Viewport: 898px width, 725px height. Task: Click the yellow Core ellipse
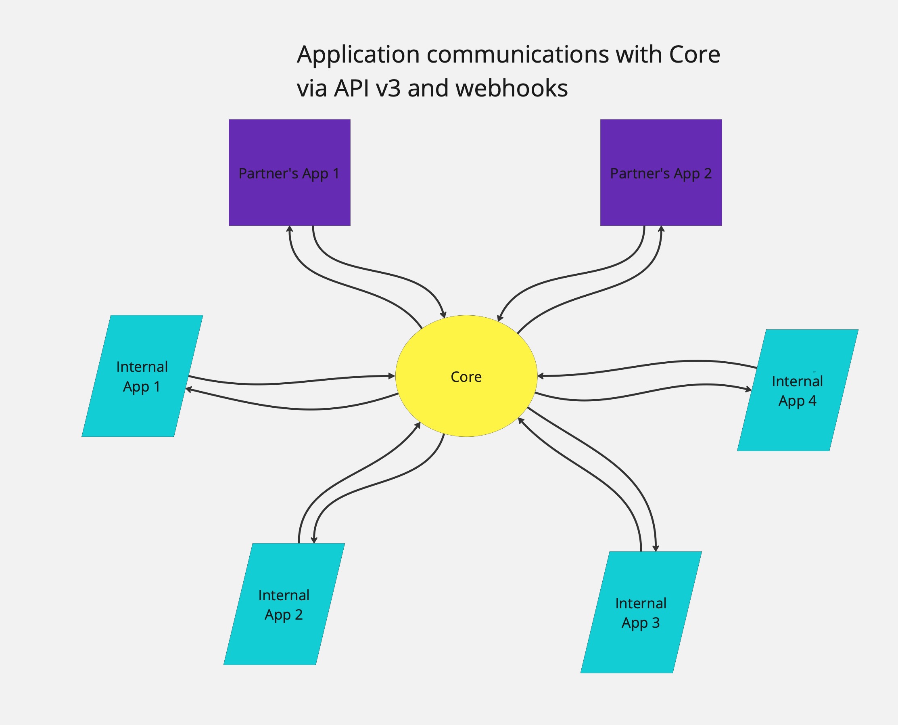tap(466, 401)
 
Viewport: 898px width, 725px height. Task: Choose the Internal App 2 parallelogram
tap(284, 639)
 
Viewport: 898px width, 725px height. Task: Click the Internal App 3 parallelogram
tap(641, 647)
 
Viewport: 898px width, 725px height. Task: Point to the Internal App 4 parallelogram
tap(798, 426)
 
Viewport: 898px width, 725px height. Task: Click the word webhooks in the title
tap(512, 88)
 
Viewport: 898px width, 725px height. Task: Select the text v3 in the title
tap(388, 88)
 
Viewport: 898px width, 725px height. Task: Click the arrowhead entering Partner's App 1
tap(290, 229)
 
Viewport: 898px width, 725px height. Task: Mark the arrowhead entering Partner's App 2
tap(661, 229)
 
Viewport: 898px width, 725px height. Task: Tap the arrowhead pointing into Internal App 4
tap(749, 390)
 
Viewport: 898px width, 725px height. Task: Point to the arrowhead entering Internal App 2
tap(314, 541)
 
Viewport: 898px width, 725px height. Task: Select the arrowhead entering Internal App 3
tap(656, 548)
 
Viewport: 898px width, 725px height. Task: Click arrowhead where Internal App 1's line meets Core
tap(392, 376)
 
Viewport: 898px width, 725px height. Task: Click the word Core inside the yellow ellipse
tap(466, 377)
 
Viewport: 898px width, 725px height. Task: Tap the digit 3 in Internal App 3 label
tap(656, 623)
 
